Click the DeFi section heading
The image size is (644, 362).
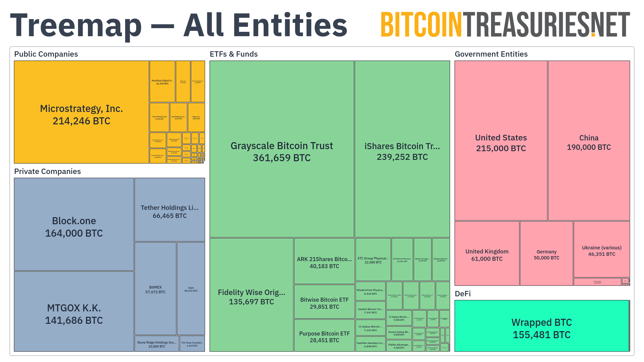point(463,294)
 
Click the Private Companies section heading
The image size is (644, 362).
point(47,172)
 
